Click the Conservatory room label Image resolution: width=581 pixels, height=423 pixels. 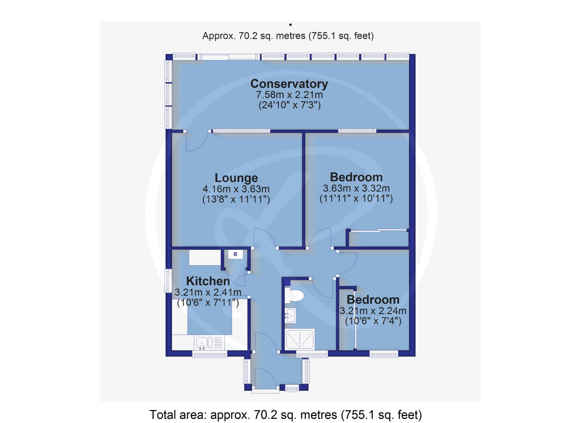[289, 84]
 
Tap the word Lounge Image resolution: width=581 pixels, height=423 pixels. [236, 178]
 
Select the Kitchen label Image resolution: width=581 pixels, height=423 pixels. [208, 281]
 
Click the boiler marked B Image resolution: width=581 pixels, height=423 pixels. [235, 254]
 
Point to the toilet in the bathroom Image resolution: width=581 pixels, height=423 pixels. [294, 295]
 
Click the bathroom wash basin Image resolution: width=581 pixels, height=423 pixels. [290, 315]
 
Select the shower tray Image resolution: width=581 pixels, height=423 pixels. [300, 339]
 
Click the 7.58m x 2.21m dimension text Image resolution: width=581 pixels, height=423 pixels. [289, 95]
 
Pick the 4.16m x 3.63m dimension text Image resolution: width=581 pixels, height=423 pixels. [236, 189]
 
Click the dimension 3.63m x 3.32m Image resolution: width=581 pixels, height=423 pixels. [356, 188]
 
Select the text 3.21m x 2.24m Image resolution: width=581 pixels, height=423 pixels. [373, 311]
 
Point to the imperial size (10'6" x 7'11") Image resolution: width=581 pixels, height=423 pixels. [208, 303]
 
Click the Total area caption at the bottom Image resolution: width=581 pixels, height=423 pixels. [286, 415]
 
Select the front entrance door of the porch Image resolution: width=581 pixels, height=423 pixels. [266, 379]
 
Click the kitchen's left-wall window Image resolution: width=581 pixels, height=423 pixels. [168, 281]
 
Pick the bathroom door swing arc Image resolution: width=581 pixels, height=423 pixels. [323, 288]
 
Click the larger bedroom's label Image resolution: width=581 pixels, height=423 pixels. [356, 177]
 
